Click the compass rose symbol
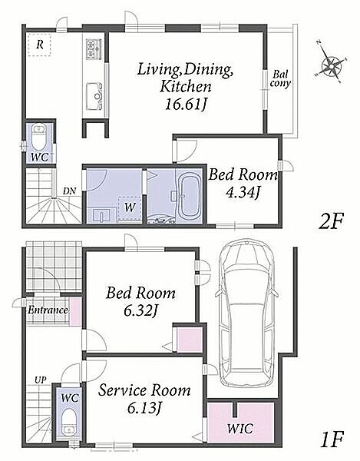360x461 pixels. coord(332,63)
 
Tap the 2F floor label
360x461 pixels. coord(331,221)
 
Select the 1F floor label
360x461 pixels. coord(332,439)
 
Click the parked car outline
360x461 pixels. coord(246,313)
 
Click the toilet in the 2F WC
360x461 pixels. coord(38,137)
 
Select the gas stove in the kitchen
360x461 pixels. coord(94,49)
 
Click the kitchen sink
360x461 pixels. coord(94,96)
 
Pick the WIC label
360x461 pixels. coord(239,429)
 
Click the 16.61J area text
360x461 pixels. coord(187,104)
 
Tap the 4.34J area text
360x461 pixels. coord(243,193)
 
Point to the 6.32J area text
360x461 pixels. coord(141,311)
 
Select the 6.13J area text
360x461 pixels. coord(144,408)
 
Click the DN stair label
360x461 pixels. coord(69,191)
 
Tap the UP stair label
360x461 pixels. coord(40,380)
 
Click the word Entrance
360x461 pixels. coord(48,310)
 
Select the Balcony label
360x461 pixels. coord(280,79)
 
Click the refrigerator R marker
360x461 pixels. coord(40,45)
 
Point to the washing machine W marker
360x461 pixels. coord(130,207)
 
